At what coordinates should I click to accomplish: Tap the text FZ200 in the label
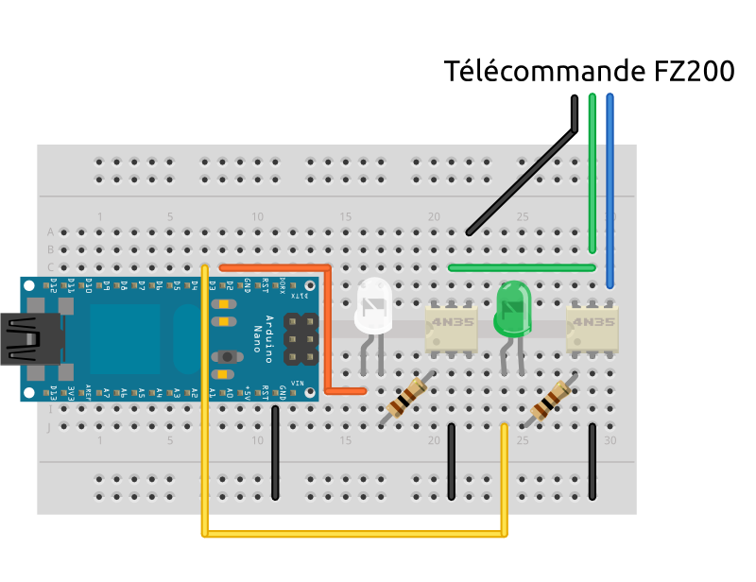point(694,72)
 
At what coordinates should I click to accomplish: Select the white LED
point(373,307)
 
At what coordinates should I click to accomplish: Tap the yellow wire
point(354,535)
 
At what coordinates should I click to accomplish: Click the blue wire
point(610,189)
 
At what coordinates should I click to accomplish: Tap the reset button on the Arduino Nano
point(227,356)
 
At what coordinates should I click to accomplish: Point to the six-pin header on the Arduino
point(301,338)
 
